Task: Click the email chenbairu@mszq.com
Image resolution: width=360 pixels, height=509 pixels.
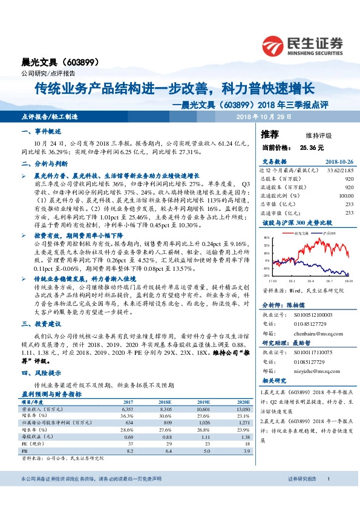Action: click(312, 331)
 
